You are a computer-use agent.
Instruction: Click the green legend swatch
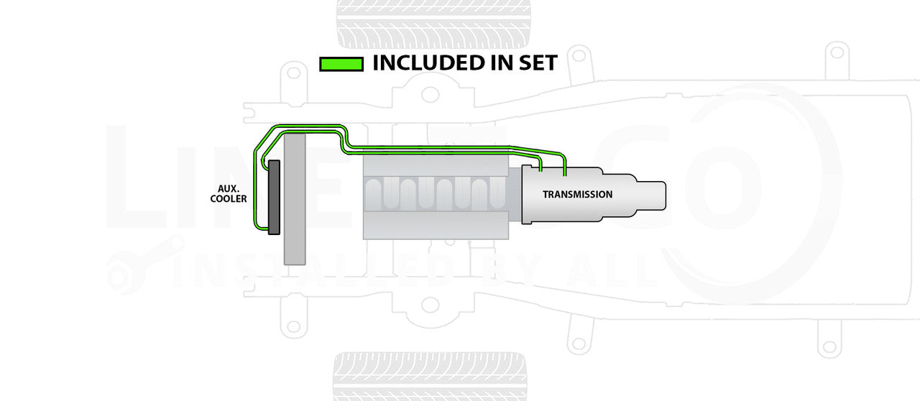click(x=341, y=64)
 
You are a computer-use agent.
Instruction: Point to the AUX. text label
click(x=229, y=188)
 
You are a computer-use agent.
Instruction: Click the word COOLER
click(x=229, y=199)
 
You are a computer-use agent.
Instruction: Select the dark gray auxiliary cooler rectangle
click(x=274, y=198)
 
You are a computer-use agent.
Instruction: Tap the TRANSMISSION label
click(x=577, y=195)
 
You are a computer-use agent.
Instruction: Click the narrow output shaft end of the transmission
click(x=653, y=194)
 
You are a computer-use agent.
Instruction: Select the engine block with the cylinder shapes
click(x=436, y=198)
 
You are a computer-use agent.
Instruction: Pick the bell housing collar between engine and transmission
click(x=524, y=195)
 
